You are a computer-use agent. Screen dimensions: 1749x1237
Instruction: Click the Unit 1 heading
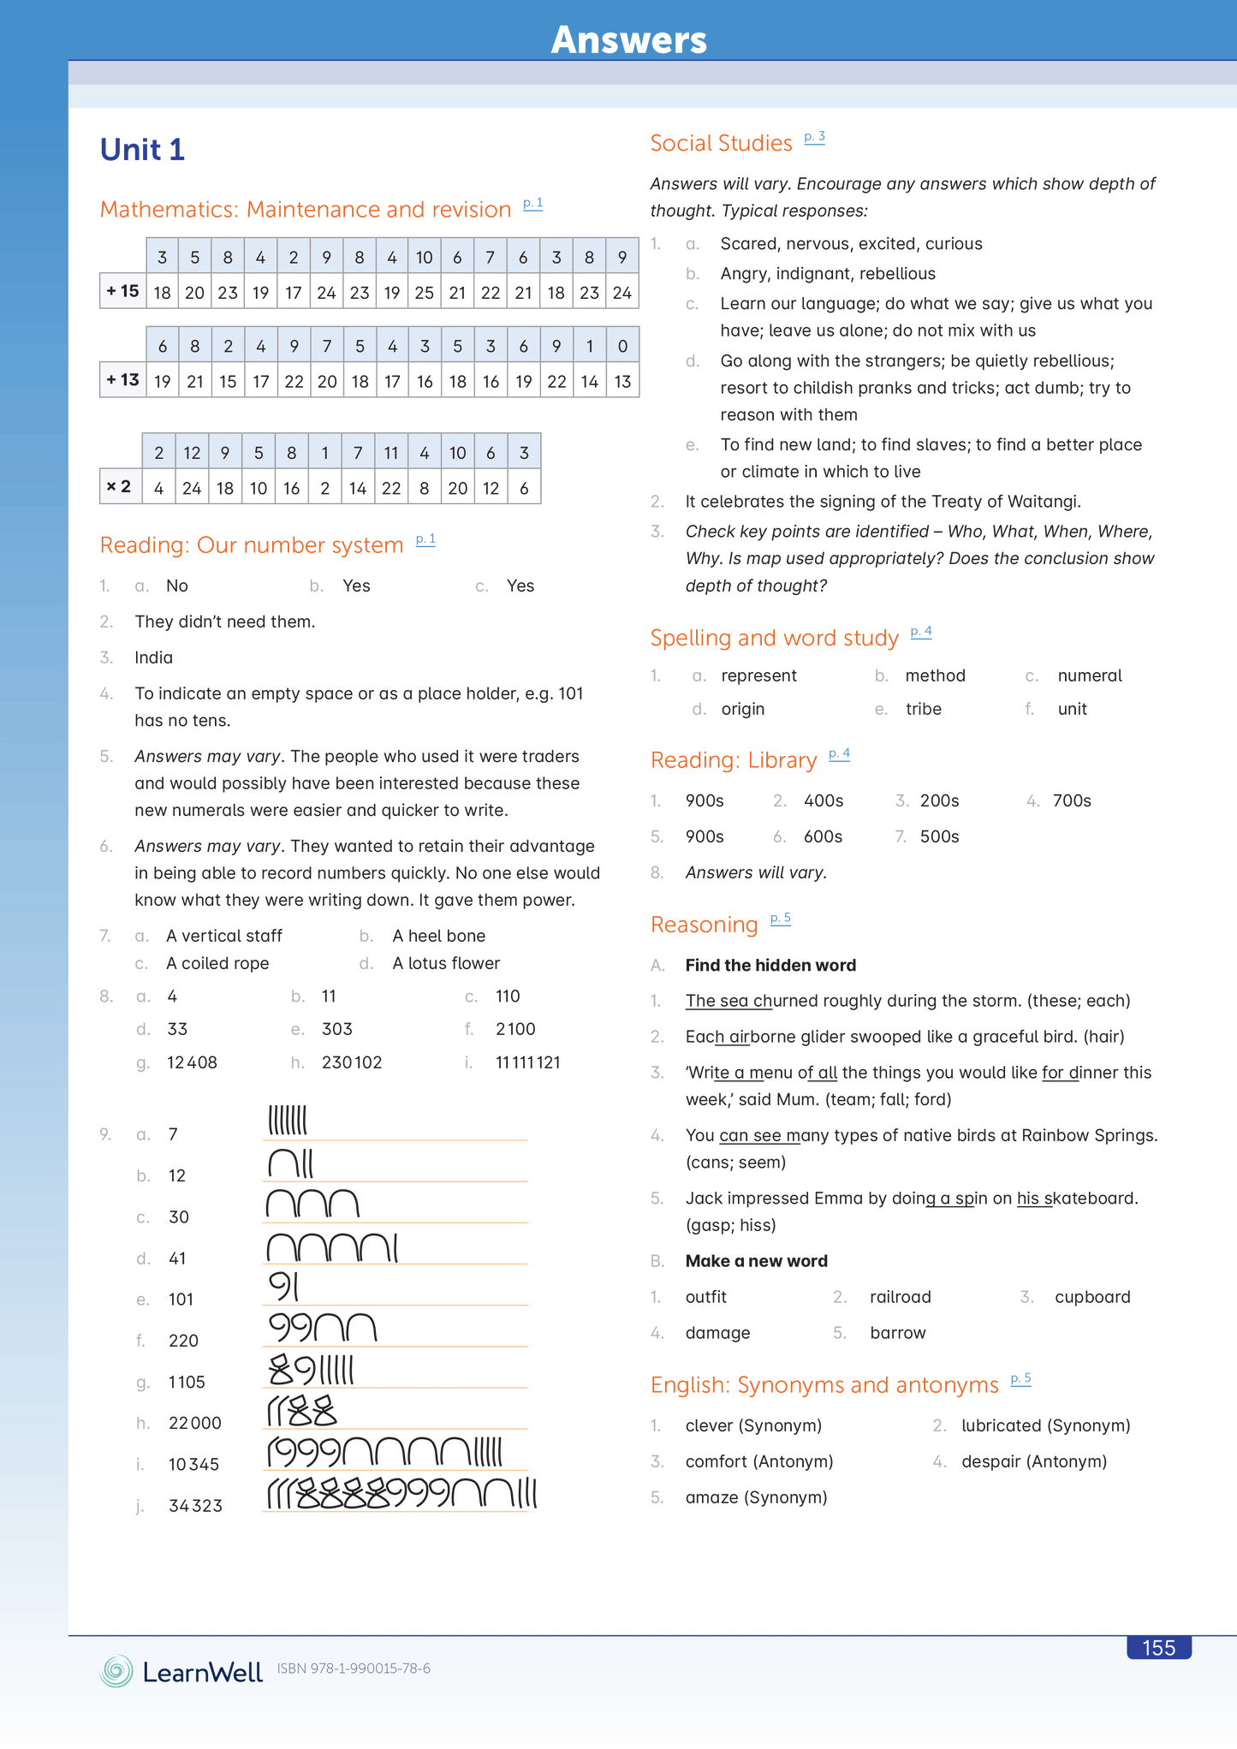pos(142,150)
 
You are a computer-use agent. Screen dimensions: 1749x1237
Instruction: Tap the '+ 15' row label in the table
pos(122,291)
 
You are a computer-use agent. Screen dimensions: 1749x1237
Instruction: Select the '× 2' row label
pos(119,486)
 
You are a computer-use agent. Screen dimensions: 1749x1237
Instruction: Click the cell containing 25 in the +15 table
pos(425,293)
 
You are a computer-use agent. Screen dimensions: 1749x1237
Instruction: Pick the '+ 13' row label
pos(122,379)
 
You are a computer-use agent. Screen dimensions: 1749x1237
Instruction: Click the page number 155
pos(1158,1648)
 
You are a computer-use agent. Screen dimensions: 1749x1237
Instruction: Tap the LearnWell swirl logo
pos(116,1671)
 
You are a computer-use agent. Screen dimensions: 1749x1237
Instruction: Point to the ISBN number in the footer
pos(354,1669)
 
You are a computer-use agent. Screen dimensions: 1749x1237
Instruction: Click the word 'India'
pos(153,657)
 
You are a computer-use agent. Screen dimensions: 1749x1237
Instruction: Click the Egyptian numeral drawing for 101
pos(283,1286)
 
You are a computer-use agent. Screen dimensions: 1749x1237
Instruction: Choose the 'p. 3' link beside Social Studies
pos(814,137)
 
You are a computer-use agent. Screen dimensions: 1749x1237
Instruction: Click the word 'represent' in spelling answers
pos(758,675)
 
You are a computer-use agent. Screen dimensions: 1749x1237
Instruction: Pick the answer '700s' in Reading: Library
pos(1072,800)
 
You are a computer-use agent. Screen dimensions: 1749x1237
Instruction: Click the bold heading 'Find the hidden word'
pos(770,965)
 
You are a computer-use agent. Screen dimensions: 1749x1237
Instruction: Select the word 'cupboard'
pos(1092,1297)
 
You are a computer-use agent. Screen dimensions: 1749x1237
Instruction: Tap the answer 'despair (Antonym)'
pos(1034,1461)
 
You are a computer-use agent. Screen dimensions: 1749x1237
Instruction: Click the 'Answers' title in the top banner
pos(629,39)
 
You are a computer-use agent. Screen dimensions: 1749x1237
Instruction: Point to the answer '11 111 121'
pos(528,1062)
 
